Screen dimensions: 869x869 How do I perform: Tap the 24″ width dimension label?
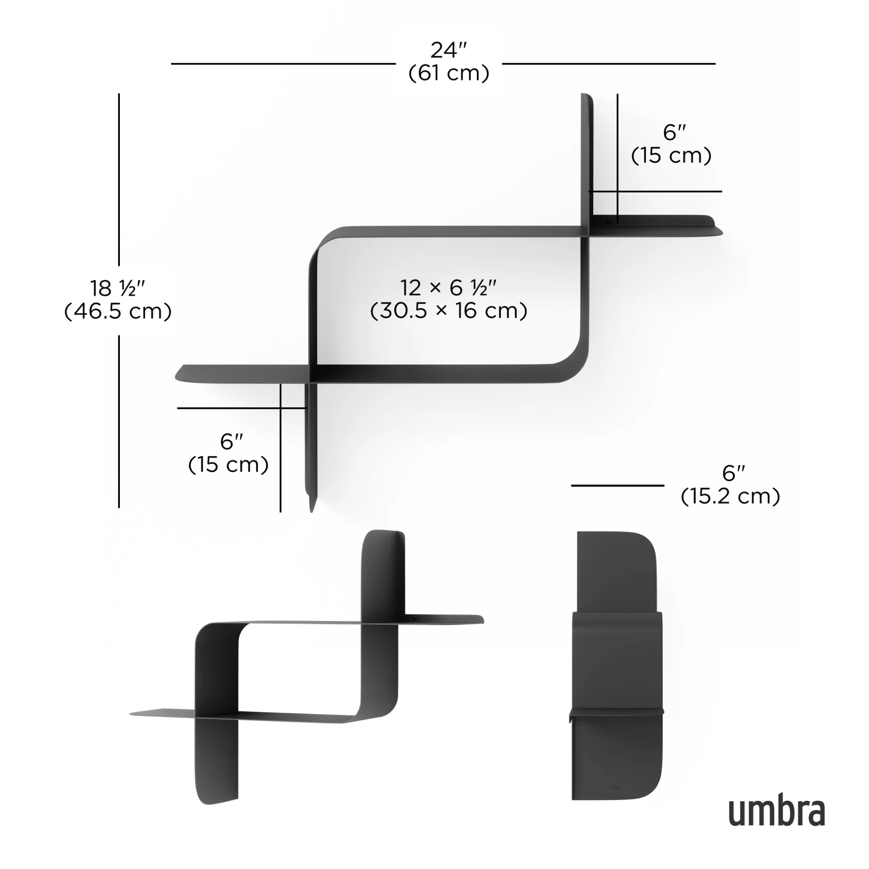448,50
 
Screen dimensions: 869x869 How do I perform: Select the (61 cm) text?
449,73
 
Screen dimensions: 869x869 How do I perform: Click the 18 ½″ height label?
118,288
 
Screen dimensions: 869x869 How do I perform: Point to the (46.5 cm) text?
118,311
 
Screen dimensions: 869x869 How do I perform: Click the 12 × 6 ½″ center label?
449,288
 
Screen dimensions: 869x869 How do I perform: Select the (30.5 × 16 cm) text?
449,311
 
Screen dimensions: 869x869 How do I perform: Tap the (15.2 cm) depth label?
730,496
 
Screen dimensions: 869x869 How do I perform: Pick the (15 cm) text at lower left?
228,465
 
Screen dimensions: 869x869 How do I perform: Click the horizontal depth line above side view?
617,485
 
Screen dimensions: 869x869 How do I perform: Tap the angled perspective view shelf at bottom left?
302,668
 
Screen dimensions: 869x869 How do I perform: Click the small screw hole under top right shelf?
608,221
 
